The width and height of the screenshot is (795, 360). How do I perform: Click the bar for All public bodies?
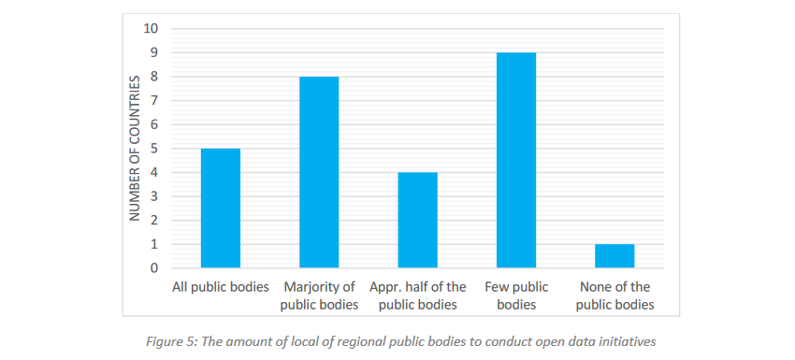[x=221, y=209]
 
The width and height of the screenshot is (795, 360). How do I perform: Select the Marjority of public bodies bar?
[x=319, y=173]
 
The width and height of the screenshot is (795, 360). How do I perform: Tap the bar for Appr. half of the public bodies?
[x=417, y=221]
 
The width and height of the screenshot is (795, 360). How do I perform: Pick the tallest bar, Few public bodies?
[x=516, y=161]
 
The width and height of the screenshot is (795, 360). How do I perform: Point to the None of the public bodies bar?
[x=614, y=256]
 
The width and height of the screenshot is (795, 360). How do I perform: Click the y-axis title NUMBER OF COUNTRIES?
[x=134, y=149]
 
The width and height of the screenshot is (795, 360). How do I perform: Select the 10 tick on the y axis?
[x=152, y=29]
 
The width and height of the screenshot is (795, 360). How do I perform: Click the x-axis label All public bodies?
[x=221, y=287]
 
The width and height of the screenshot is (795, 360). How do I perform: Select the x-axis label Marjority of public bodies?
[x=319, y=295]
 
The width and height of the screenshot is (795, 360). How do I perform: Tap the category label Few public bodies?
[x=516, y=295]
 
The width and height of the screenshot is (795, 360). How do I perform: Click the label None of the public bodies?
[x=614, y=295]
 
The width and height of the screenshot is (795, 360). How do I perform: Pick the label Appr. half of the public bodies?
[x=417, y=295]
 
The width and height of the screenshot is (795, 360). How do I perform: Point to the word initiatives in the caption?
[x=624, y=341]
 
